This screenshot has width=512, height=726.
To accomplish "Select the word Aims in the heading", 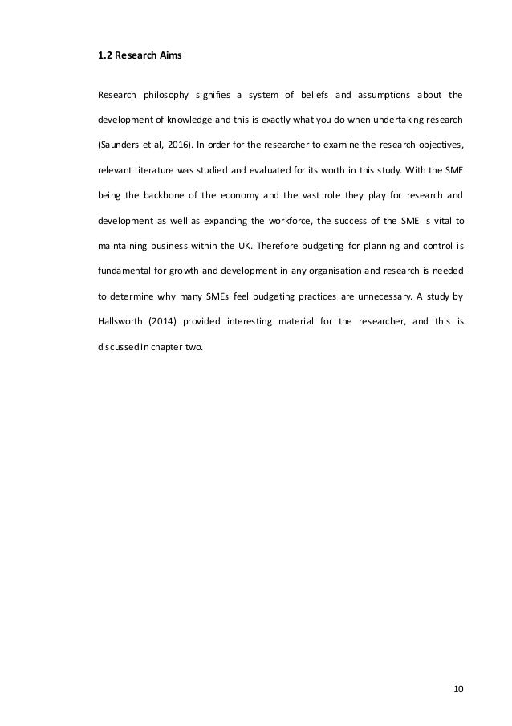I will tap(175, 57).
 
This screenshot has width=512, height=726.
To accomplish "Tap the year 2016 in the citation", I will tap(177, 145).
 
